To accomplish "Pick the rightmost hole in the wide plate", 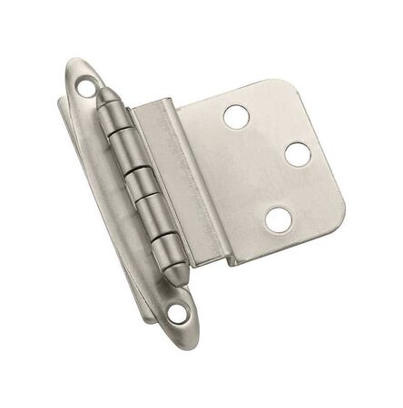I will coord(298,154).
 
